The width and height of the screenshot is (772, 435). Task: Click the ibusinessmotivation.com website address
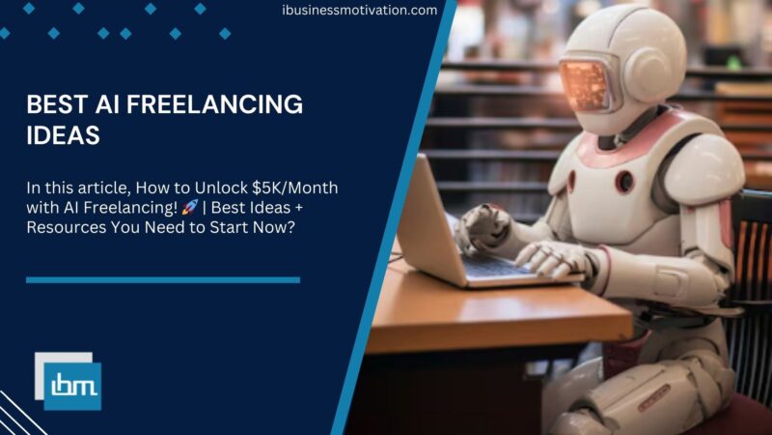(359, 11)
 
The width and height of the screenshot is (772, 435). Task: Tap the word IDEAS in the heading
(63, 135)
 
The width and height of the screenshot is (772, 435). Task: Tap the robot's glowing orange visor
(585, 81)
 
